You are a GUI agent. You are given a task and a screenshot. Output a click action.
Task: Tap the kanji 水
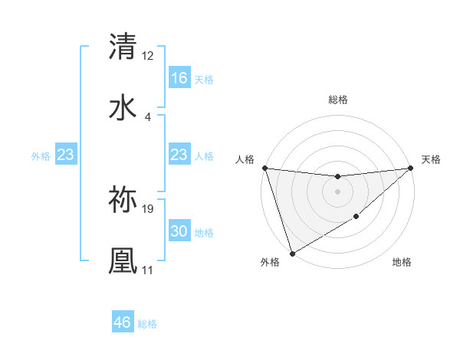[x=123, y=107]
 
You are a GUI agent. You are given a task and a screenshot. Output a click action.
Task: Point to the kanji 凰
[x=123, y=260]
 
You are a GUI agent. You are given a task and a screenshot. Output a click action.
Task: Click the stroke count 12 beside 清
[x=148, y=55]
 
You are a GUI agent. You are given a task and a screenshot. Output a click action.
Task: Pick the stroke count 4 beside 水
[x=148, y=116]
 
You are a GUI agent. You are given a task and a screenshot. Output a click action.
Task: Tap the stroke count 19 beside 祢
[x=148, y=208]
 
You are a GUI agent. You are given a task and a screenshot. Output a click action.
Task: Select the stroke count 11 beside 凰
[x=148, y=270]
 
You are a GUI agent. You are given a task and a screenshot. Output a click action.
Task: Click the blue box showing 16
[x=179, y=78]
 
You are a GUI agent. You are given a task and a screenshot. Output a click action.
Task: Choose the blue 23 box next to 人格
[x=179, y=155]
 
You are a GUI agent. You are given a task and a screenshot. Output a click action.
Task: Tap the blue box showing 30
[x=179, y=231]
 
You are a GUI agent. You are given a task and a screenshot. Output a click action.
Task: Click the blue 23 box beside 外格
[x=66, y=155]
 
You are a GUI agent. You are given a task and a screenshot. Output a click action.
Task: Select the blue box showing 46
[x=123, y=322]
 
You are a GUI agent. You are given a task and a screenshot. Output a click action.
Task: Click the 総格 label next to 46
[x=147, y=324]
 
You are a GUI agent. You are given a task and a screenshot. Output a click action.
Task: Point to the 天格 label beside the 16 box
[x=203, y=79]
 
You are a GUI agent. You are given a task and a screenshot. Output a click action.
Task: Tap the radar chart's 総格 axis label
[x=337, y=100]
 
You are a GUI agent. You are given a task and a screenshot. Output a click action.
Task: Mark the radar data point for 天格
[x=411, y=168]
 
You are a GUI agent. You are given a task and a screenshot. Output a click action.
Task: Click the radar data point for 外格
[x=292, y=253]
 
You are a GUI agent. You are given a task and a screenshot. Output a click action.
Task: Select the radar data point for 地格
[x=357, y=218]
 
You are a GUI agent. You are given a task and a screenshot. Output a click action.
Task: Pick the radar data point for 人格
[x=264, y=168]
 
